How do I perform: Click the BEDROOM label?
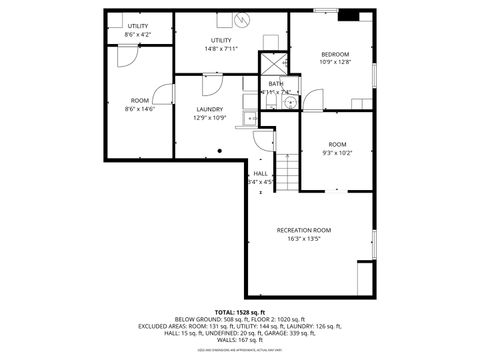pos(335,54)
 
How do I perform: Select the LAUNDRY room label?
pos(209,110)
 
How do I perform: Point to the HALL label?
pos(260,173)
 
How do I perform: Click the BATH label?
pos(275,84)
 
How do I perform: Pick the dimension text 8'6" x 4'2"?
pos(137,34)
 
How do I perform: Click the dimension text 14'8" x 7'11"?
pos(221,48)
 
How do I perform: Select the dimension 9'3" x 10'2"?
pos(337,153)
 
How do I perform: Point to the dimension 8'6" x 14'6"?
pos(140,109)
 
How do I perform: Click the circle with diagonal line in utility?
pos(242,19)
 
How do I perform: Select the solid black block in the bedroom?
pos(348,14)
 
